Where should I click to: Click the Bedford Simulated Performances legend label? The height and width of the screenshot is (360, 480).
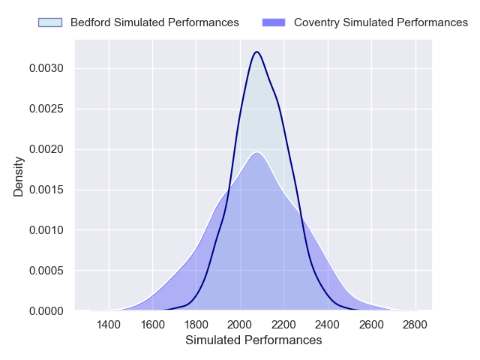(154, 22)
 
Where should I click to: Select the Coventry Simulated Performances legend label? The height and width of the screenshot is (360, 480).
(380, 22)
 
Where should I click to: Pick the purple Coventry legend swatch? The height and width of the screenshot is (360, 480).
(274, 22)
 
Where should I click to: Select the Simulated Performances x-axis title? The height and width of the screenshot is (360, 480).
(253, 340)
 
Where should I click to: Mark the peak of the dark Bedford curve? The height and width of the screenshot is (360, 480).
(257, 52)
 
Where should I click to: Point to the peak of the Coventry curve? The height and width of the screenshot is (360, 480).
(256, 152)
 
